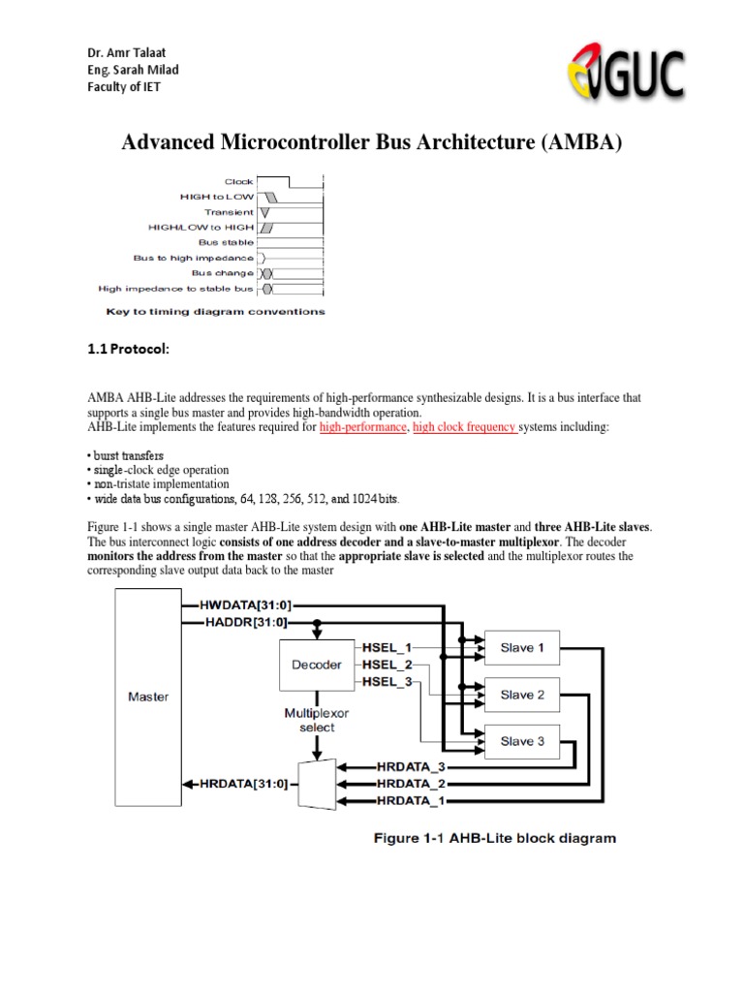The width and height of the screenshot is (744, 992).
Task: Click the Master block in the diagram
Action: tap(148, 697)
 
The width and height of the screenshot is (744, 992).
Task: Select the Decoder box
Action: tap(317, 665)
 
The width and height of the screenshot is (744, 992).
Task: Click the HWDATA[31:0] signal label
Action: tap(244, 604)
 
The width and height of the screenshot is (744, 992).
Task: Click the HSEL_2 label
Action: tap(387, 665)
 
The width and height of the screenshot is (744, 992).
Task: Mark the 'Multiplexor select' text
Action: tap(317, 720)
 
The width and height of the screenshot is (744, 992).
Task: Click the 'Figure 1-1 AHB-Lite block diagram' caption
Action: tap(494, 838)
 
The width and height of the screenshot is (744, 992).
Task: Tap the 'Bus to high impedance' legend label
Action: tap(193, 258)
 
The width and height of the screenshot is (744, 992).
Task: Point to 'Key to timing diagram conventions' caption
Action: tap(215, 312)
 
